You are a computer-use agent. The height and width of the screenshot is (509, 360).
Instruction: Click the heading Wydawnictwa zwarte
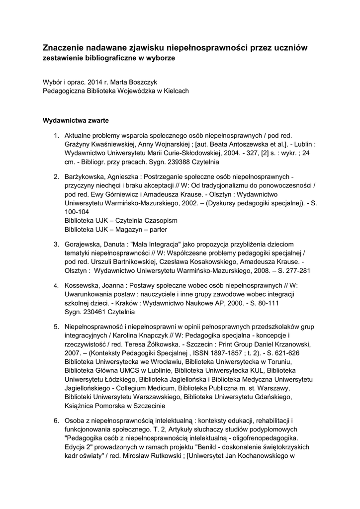pyautogui.click(x=76, y=120)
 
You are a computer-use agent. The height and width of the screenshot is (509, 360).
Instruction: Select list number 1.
pyautogui.click(x=56, y=135)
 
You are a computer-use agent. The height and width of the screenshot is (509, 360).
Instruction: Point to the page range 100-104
pyautogui.click(x=77, y=212)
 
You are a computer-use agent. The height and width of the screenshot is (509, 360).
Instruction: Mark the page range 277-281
pyautogui.click(x=296, y=271)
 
